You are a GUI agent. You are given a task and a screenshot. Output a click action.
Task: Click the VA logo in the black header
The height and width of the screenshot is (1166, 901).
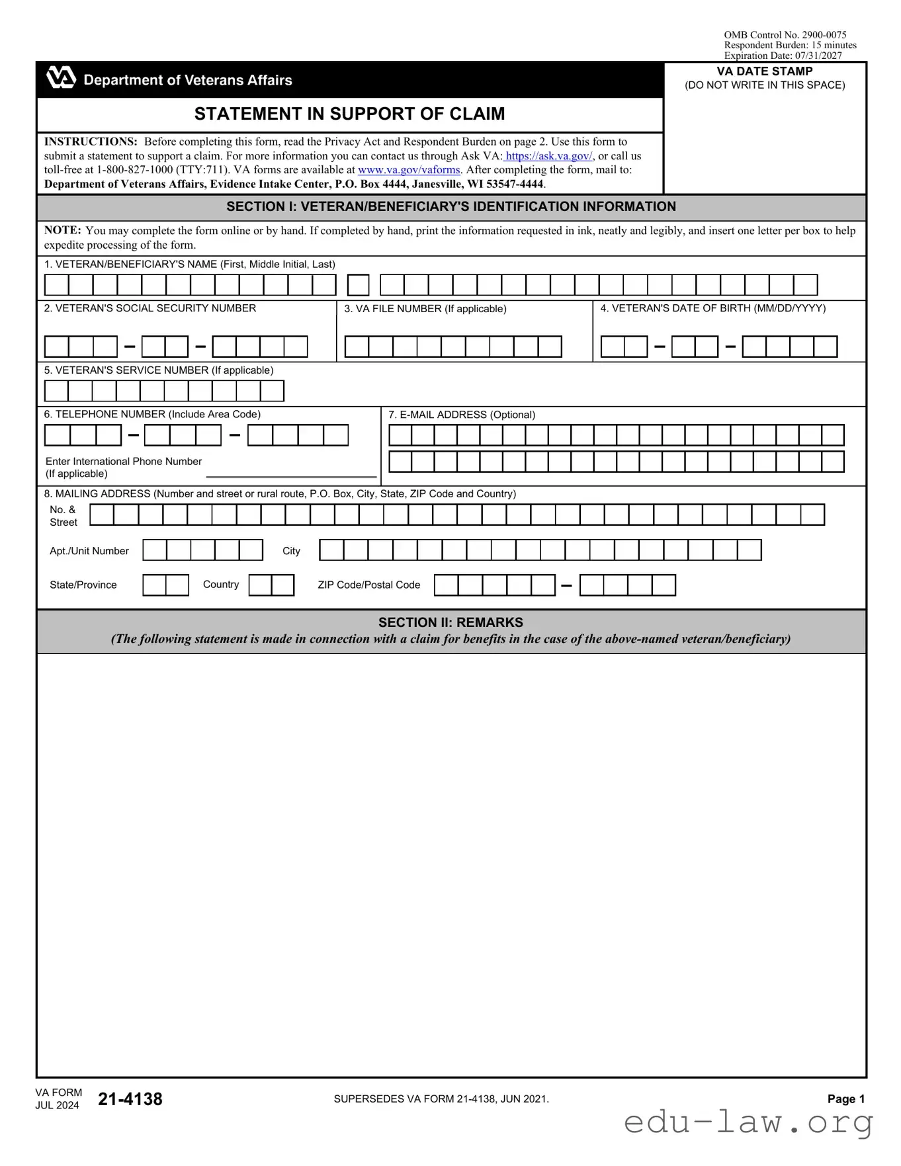click(x=61, y=78)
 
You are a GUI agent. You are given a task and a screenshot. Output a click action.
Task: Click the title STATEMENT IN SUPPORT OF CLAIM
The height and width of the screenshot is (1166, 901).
click(x=349, y=114)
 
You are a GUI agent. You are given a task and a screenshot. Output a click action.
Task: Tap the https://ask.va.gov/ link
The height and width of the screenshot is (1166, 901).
click(x=548, y=156)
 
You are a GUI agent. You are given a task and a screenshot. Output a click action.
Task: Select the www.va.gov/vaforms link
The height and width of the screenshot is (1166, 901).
click(x=409, y=170)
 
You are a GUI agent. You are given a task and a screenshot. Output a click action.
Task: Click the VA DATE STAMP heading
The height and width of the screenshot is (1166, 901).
click(x=764, y=71)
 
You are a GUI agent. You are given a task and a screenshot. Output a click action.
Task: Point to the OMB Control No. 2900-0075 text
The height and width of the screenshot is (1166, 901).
click(x=785, y=35)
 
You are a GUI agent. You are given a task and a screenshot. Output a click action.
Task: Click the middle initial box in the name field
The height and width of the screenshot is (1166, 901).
click(x=358, y=285)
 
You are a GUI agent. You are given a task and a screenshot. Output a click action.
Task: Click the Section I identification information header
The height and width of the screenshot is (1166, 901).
click(x=451, y=207)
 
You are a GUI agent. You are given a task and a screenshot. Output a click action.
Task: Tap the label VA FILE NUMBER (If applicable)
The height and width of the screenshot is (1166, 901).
click(x=425, y=309)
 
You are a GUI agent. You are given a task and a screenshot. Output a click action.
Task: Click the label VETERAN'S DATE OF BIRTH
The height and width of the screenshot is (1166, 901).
click(x=712, y=308)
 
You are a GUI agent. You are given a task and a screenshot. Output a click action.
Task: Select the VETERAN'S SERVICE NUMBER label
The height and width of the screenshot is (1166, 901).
click(x=159, y=370)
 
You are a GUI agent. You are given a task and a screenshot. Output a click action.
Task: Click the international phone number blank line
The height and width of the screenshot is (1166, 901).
click(x=291, y=472)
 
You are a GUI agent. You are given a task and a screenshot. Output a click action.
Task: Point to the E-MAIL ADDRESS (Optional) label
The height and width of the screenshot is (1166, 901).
click(x=462, y=415)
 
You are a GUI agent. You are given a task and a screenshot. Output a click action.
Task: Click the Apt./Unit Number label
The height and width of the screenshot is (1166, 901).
click(x=89, y=551)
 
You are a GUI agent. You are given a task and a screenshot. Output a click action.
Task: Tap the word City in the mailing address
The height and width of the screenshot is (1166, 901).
click(x=291, y=551)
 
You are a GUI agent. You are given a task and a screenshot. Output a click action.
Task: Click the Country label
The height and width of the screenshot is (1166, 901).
click(x=221, y=585)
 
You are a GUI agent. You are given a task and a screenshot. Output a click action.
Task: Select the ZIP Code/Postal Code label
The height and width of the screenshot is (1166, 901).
click(x=368, y=585)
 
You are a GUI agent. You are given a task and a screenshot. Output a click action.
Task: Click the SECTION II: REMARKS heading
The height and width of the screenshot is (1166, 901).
click(x=450, y=622)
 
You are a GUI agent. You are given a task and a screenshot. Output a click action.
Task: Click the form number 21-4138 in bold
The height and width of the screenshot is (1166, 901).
click(x=130, y=1099)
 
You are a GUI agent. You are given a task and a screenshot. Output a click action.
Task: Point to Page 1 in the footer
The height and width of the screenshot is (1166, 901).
click(x=846, y=1099)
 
